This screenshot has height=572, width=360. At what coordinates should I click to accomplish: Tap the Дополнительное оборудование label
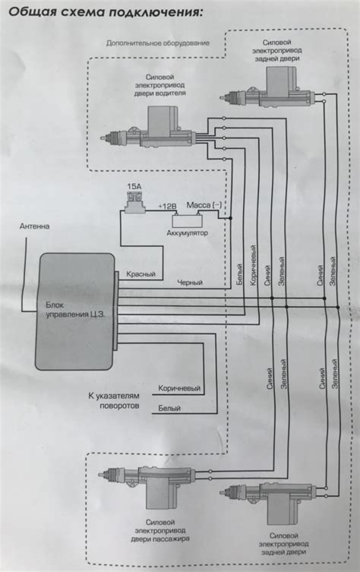tap(158, 43)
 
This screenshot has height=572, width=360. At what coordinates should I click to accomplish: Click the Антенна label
tap(34, 226)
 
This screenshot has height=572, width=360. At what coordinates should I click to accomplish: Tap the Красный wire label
tap(141, 274)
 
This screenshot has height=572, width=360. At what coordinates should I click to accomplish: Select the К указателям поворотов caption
tap(114, 400)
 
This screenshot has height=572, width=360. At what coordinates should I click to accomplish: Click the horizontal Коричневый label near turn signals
tap(179, 388)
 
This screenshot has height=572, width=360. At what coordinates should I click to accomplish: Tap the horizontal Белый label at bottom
tap(169, 408)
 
